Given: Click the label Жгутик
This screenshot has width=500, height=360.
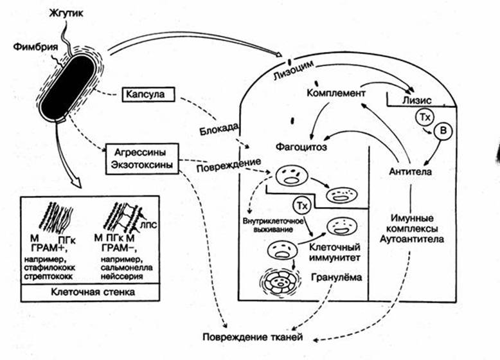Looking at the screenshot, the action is coord(67,13).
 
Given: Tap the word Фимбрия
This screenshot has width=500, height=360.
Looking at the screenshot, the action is coord(35,47).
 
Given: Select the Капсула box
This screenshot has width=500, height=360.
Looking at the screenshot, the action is coord(148,94).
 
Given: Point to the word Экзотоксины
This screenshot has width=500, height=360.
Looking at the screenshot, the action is coord(141,165).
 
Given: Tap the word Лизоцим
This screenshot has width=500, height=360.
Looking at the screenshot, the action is coord(292,71).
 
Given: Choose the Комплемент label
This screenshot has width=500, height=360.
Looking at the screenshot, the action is coord(335,93).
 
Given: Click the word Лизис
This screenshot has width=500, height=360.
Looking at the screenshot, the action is coord(416,100).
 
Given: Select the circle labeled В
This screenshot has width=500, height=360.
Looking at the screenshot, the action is coord(443,130).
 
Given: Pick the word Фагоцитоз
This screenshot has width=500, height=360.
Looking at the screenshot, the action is coord(301,147).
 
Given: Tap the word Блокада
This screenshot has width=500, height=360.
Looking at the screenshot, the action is coord(219,129).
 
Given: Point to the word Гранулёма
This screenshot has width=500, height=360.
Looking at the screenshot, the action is coord(336,277).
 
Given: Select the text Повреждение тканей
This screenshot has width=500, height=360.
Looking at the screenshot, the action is coord(253,337).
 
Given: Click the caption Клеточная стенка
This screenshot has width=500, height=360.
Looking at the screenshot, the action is coord(93,292).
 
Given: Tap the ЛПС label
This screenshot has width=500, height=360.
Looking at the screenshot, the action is coord(148,226).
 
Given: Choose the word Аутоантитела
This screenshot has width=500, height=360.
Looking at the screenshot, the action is coord(412,239).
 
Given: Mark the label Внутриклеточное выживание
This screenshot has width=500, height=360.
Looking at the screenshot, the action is coord(272,225).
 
